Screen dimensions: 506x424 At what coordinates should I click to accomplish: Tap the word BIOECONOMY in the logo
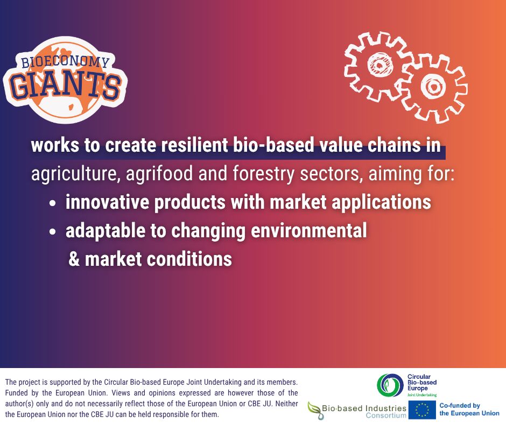click(66, 61)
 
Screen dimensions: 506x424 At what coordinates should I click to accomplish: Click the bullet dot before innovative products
click(53, 203)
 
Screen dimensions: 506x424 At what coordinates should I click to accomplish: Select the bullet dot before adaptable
click(53, 232)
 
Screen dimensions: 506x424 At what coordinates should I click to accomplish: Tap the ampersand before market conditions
click(74, 259)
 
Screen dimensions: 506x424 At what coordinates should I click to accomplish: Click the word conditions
click(189, 259)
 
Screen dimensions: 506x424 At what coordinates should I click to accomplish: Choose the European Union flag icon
click(422, 410)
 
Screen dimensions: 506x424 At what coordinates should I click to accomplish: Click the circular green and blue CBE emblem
click(390, 385)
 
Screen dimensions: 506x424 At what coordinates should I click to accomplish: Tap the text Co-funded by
click(460, 405)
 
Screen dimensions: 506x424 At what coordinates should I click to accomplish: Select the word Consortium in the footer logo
click(386, 415)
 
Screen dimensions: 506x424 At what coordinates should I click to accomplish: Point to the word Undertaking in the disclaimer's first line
click(223, 382)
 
